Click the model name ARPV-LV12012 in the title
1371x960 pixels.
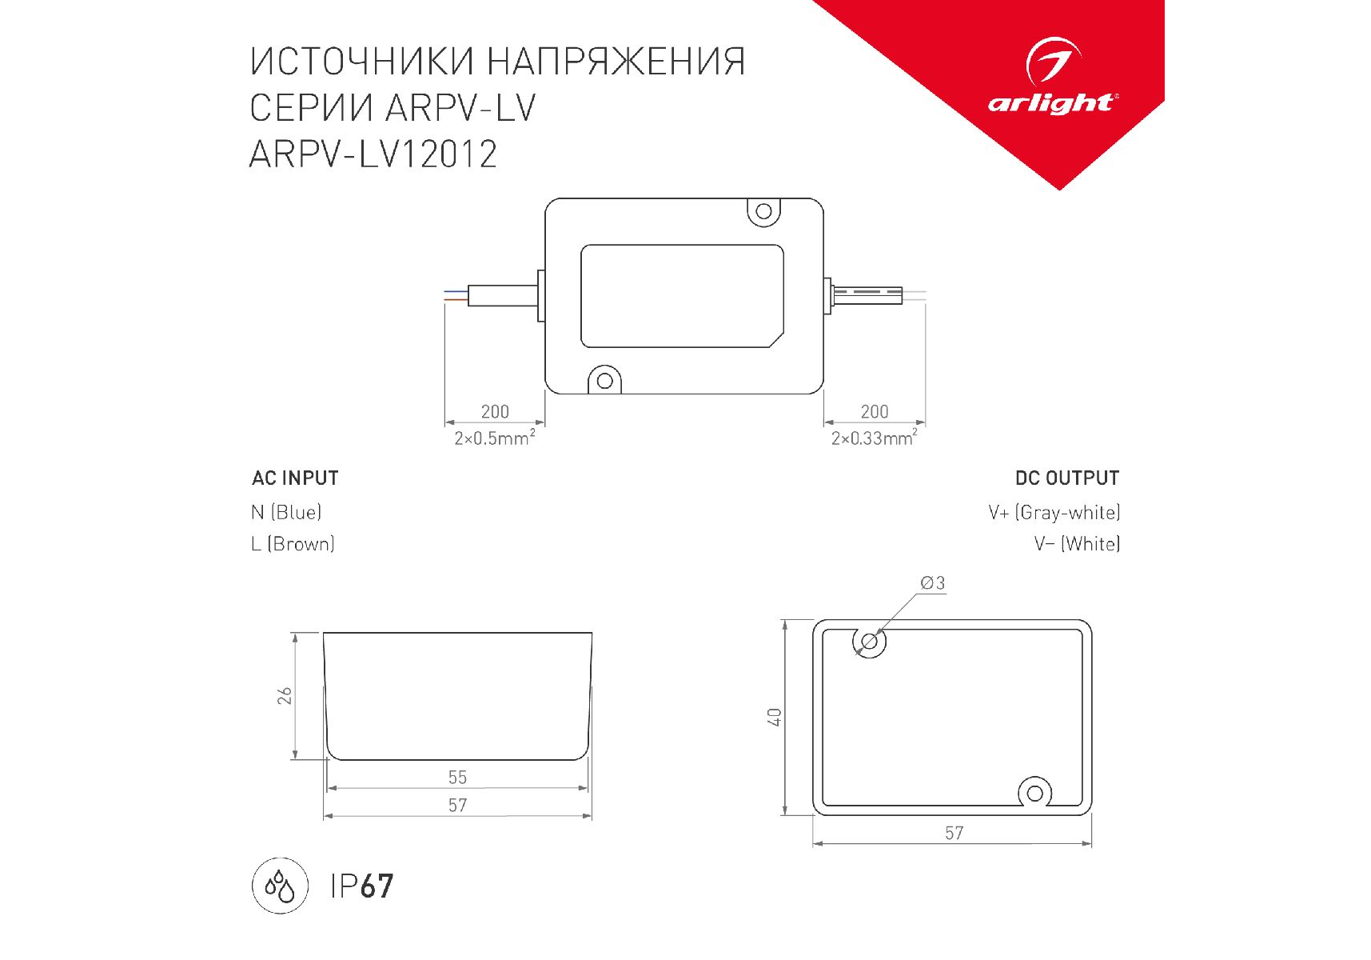pyautogui.click(x=373, y=154)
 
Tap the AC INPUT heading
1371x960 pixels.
pyautogui.click(x=295, y=478)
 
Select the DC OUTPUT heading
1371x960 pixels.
pyautogui.click(x=1067, y=478)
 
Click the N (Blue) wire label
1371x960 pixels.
pyautogui.click(x=286, y=512)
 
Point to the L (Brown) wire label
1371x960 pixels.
pyautogui.click(x=293, y=544)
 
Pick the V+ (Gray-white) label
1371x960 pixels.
pyautogui.click(x=1054, y=512)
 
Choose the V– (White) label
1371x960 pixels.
pyautogui.click(x=1077, y=544)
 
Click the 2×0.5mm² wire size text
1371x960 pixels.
pyautogui.click(x=495, y=438)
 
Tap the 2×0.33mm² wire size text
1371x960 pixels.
pyautogui.click(x=875, y=438)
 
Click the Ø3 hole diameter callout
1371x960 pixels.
pyautogui.click(x=933, y=583)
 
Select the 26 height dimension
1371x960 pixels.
pyautogui.click(x=285, y=696)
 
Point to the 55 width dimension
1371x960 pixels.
pyautogui.click(x=457, y=778)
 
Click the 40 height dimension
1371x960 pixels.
pyautogui.click(x=775, y=718)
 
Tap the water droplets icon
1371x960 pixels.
pyautogui.click(x=280, y=886)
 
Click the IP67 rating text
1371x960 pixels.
pyautogui.click(x=362, y=886)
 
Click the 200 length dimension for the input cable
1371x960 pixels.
pyautogui.click(x=495, y=412)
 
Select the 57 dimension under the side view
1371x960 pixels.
pyautogui.click(x=457, y=806)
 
